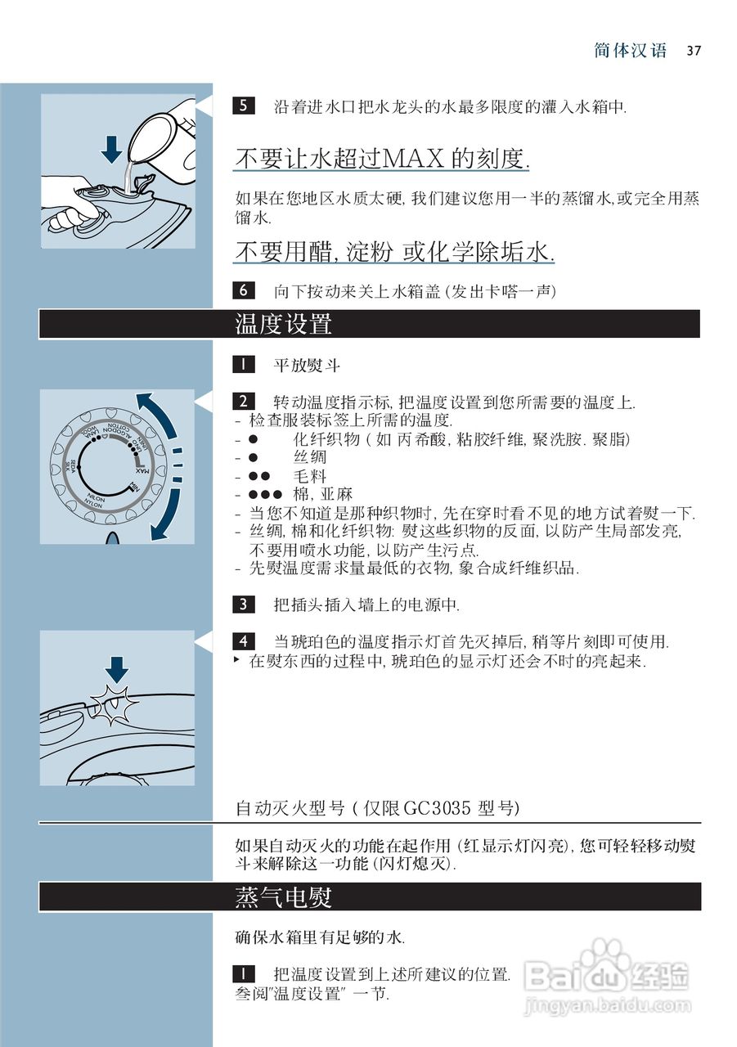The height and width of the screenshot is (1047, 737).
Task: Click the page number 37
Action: pos(694,51)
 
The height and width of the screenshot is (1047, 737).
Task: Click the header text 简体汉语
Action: pos(630,51)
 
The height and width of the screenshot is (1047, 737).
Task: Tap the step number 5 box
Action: pos(243,106)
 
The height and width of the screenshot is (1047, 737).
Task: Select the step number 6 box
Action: pos(243,290)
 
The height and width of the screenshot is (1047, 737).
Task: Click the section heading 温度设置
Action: pos(283,324)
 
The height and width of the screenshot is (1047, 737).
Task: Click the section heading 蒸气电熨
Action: pos(283,897)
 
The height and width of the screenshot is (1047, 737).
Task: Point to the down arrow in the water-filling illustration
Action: pos(112,150)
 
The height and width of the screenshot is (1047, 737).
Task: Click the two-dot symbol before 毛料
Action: pos(259,475)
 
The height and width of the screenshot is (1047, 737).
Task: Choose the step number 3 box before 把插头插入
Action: pos(243,604)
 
